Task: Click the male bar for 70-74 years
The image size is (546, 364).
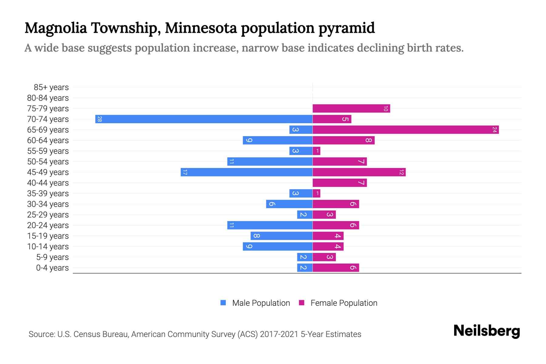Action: tap(204, 119)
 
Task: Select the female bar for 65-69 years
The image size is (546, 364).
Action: tap(406, 130)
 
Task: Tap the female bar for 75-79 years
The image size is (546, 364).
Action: tap(351, 109)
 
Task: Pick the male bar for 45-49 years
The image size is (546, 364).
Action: tap(246, 172)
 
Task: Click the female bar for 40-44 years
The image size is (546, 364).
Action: tap(339, 183)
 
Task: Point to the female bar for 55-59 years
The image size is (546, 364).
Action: tap(316, 151)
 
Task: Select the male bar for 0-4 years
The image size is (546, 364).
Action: tap(305, 268)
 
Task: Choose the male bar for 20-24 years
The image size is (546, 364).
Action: tap(270, 225)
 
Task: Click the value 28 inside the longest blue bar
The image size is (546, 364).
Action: tap(99, 119)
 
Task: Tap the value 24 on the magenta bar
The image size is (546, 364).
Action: tap(494, 130)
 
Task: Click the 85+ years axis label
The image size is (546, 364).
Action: tap(51, 87)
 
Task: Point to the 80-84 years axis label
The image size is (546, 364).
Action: tap(48, 98)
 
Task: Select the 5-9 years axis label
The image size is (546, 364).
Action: tap(52, 257)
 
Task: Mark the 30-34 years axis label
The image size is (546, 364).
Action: tap(48, 204)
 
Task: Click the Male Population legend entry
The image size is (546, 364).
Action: tap(261, 303)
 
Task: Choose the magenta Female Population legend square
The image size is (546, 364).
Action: tap(302, 303)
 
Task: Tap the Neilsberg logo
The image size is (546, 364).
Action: tap(487, 331)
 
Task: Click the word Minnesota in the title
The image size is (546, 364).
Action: tap(201, 28)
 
